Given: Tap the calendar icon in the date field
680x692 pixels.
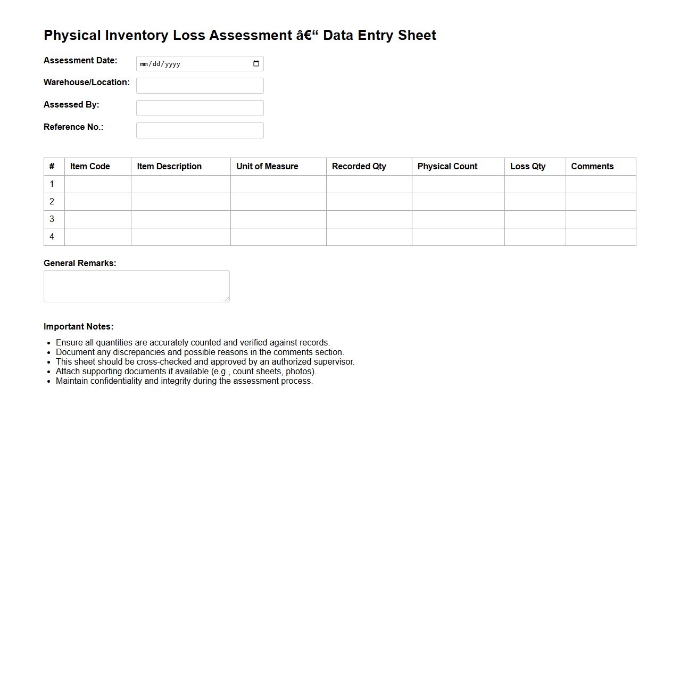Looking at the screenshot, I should pos(256,64).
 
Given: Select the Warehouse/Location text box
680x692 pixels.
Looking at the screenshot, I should pos(200,86).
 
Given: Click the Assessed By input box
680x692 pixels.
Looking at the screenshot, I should pos(200,108).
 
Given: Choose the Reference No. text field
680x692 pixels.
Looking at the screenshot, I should pos(200,130).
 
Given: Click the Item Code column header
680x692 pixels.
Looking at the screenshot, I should pos(90,167).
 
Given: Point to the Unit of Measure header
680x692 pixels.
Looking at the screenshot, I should pos(267,167).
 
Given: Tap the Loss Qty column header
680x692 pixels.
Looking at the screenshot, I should pos(527,167).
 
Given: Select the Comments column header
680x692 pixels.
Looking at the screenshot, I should pos(592,167).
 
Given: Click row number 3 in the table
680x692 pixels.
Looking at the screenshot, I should pos(52,219).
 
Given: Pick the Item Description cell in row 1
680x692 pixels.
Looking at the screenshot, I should pos(180,184).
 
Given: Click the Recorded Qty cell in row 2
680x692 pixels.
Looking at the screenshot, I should pos(369,202).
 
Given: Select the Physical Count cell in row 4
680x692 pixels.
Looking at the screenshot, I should pos(458,237).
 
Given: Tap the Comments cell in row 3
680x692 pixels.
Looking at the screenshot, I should pos(600,219).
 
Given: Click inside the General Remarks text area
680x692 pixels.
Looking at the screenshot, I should pos(136,286).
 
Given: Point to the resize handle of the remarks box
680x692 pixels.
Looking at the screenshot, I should pos(227,299).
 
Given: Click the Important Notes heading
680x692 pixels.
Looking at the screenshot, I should pos(79,327).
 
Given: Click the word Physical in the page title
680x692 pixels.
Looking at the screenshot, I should pos(72,36).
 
